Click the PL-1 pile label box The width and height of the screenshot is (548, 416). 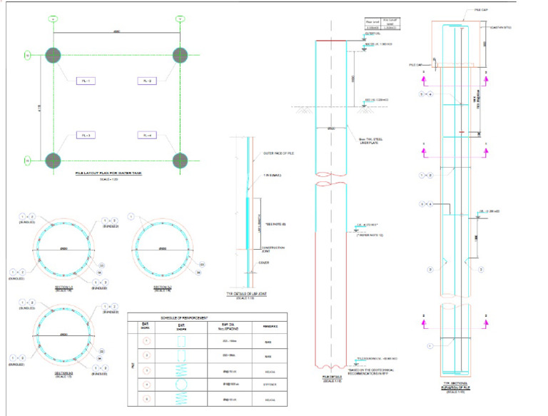point(86,81)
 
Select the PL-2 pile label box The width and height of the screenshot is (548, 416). point(147,81)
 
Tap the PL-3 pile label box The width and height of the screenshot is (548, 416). point(86,136)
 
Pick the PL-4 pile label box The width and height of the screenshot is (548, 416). point(147,136)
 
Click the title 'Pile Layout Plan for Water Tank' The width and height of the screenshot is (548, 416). point(116,173)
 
